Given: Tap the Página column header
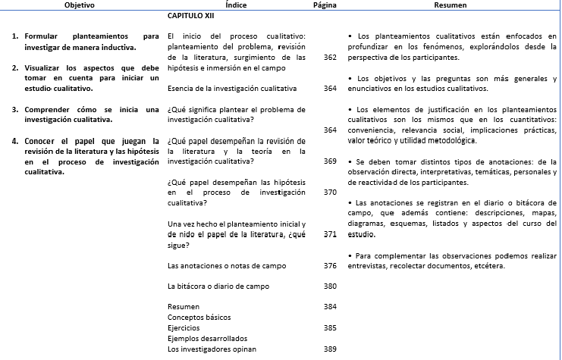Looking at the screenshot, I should pyautogui.click(x=325, y=5).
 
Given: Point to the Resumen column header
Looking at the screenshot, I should pyautogui.click(x=450, y=5).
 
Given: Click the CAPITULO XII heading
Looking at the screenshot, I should pyautogui.click(x=190, y=15).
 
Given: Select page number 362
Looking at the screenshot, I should pyautogui.click(x=329, y=58).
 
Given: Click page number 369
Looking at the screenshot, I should pyautogui.click(x=329, y=161).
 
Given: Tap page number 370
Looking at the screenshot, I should pyautogui.click(x=329, y=193).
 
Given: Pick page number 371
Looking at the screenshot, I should pyautogui.click(x=329, y=234).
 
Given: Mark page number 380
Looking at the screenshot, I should pyautogui.click(x=329, y=286).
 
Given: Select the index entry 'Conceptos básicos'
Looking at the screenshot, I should pyautogui.click(x=199, y=318).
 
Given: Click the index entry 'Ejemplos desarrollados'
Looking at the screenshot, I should pyautogui.click(x=207, y=338).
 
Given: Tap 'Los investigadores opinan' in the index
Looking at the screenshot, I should pyautogui.click(x=212, y=349).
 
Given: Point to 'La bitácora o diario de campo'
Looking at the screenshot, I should pyautogui.click(x=218, y=286).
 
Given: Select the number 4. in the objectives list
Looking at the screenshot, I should pyautogui.click(x=15, y=141).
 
